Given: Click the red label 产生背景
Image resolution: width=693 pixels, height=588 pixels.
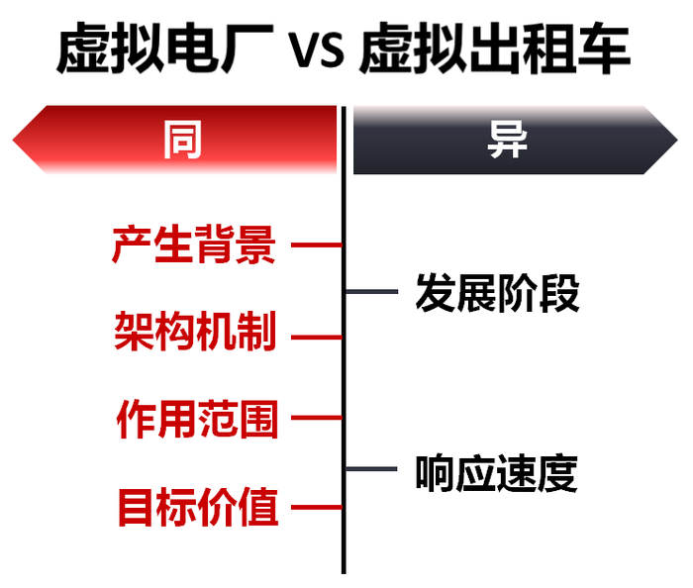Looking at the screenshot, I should point(193,245).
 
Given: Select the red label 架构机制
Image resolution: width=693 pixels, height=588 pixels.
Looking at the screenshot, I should point(194,332).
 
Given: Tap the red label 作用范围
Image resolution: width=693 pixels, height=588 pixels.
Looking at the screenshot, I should point(197,419).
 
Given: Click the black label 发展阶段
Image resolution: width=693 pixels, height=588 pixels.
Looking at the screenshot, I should point(497,293).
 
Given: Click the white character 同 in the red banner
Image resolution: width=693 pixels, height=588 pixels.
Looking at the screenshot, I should point(182,140).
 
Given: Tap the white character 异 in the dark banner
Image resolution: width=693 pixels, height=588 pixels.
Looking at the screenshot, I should point(507,140).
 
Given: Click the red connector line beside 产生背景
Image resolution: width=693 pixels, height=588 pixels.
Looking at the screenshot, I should point(316,245).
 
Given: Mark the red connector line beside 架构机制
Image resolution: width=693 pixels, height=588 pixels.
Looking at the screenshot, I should point(316,337).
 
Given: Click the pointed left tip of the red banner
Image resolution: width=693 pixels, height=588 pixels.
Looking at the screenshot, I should point(16,140).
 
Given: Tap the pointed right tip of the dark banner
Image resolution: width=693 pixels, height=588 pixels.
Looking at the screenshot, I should point(675,140).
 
